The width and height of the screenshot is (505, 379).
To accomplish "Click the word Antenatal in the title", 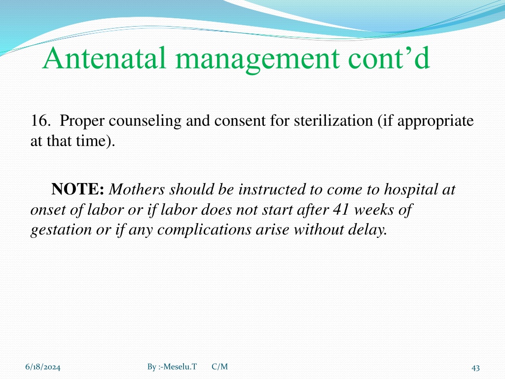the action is click(105, 58).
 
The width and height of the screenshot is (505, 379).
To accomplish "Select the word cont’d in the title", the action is click(389, 58).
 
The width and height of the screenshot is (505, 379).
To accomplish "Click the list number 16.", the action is click(40, 121).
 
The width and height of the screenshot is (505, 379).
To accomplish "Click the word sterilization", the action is click(333, 121).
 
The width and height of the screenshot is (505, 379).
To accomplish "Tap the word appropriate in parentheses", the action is click(435, 122).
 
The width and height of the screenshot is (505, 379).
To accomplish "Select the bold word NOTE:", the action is click(77, 189).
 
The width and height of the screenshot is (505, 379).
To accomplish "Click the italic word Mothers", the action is click(137, 189).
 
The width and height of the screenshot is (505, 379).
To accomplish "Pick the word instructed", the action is click(272, 189).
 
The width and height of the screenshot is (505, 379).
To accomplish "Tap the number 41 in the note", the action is click(341, 210).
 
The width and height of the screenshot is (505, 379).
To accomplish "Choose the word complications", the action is click(205, 230).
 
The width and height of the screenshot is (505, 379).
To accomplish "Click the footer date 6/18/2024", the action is click(43, 367).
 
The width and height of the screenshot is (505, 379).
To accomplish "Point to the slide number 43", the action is click(476, 368).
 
